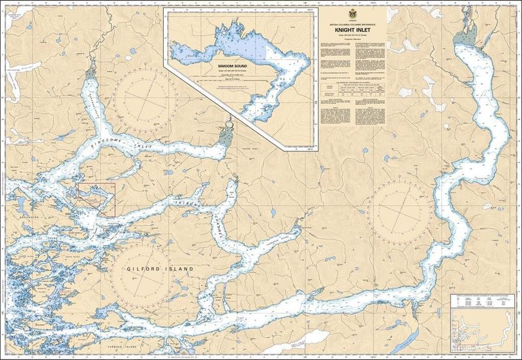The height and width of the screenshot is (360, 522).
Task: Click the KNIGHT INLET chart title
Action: coord(354,29)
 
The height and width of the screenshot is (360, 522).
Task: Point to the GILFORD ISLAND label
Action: coord(153,268)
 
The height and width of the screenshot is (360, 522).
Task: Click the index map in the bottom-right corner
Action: coord(482,332)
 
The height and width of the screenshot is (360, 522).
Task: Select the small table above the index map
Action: coord(482,301)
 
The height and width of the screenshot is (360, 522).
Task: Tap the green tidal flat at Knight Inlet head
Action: coord(467,40)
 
